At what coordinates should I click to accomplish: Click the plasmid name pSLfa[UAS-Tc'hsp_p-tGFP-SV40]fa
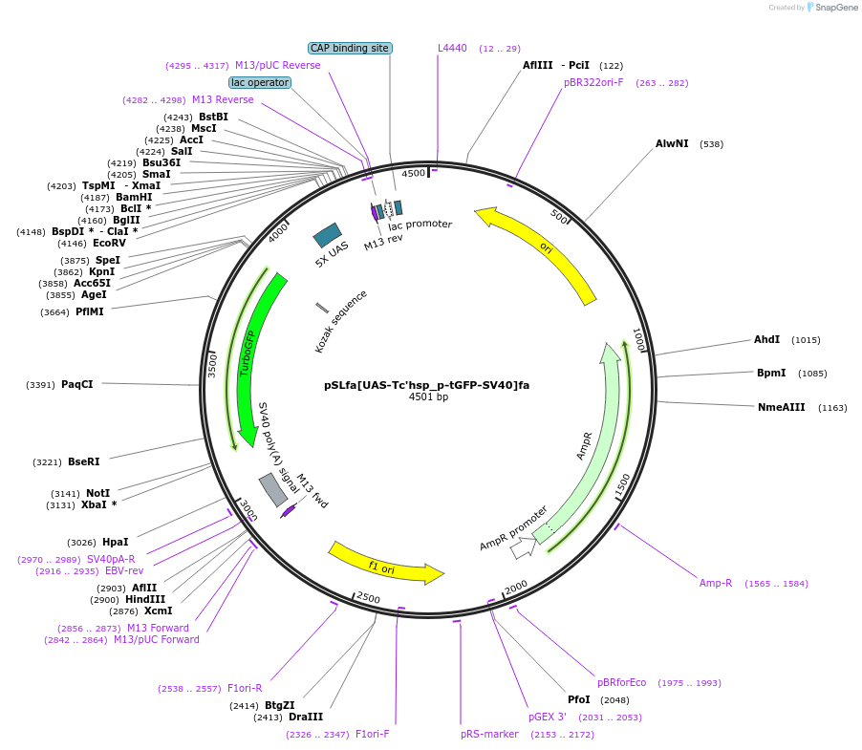(426, 385)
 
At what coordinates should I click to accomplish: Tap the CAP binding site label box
(350, 48)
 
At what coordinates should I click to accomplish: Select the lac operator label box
(260, 83)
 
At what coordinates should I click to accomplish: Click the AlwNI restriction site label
(672, 144)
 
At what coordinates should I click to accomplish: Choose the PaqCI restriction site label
(77, 385)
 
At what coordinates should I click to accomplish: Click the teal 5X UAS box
(328, 236)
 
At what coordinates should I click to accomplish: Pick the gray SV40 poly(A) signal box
(273, 489)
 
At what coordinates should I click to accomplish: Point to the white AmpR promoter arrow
(522, 548)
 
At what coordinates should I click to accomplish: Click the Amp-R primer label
(715, 583)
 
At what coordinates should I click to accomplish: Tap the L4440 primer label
(452, 48)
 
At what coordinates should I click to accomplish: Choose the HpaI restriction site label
(115, 543)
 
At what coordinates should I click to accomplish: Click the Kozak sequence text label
(340, 322)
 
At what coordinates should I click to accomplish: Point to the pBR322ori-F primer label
(593, 82)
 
